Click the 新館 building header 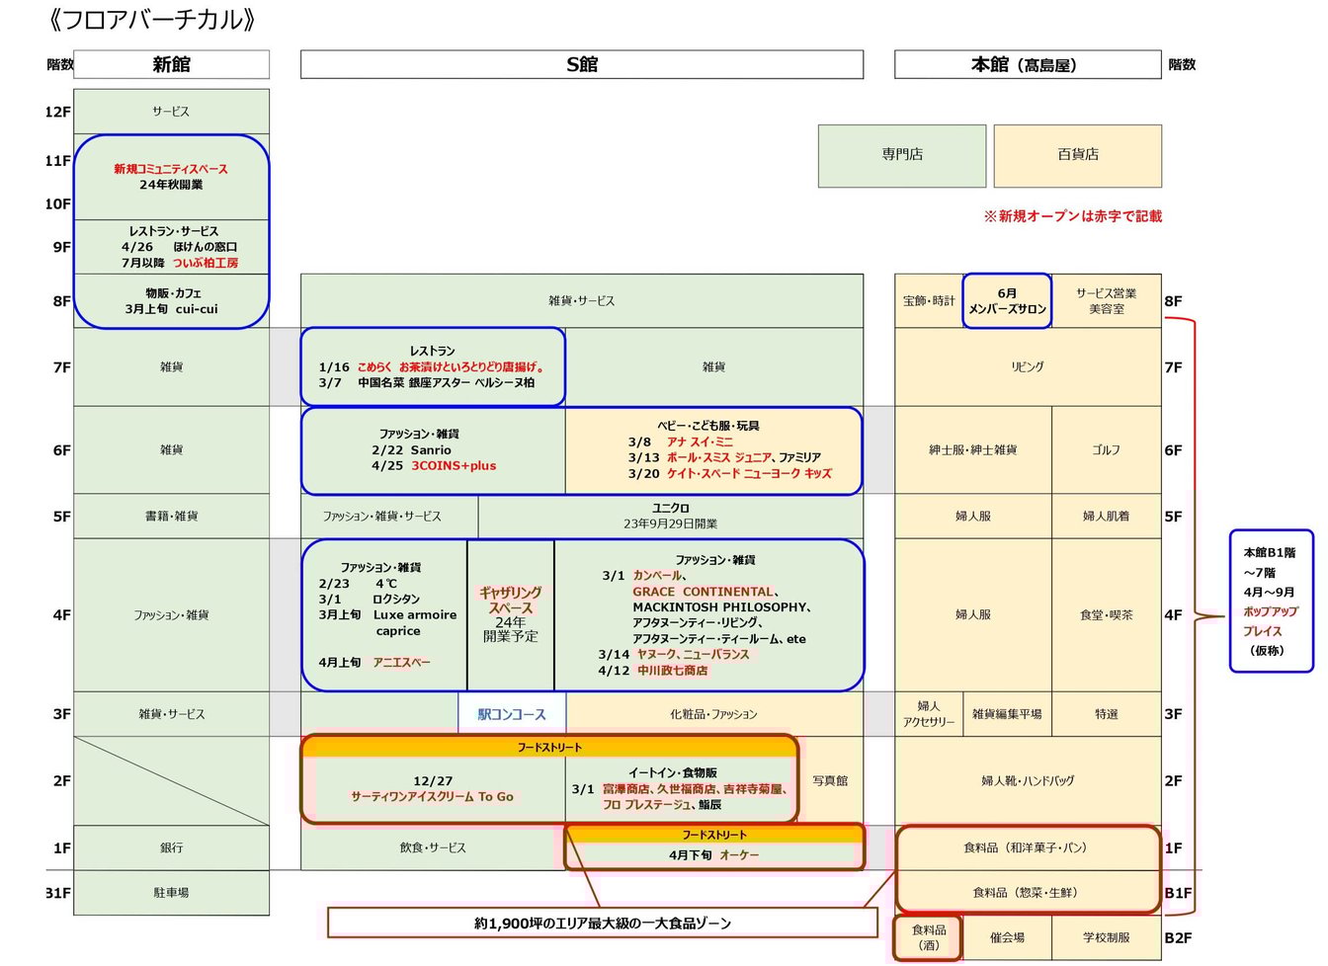[171, 65]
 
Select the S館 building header [581, 65]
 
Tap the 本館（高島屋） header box [1027, 65]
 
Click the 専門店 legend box [901, 155]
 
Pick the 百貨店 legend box [1077, 155]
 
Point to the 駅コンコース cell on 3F [512, 714]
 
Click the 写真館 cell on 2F [830, 780]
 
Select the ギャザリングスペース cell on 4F [510, 614]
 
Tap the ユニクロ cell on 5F [670, 516]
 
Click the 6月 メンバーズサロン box [1007, 301]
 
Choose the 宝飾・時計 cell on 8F [929, 301]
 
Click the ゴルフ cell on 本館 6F [1106, 450]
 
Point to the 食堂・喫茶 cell [1106, 614]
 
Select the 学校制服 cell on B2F [1106, 937]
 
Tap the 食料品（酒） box [928, 937]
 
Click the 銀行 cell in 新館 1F [171, 847]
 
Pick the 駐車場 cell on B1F [171, 893]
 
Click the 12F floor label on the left [57, 112]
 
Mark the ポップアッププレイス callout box [1271, 602]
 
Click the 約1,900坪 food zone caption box [602, 924]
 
